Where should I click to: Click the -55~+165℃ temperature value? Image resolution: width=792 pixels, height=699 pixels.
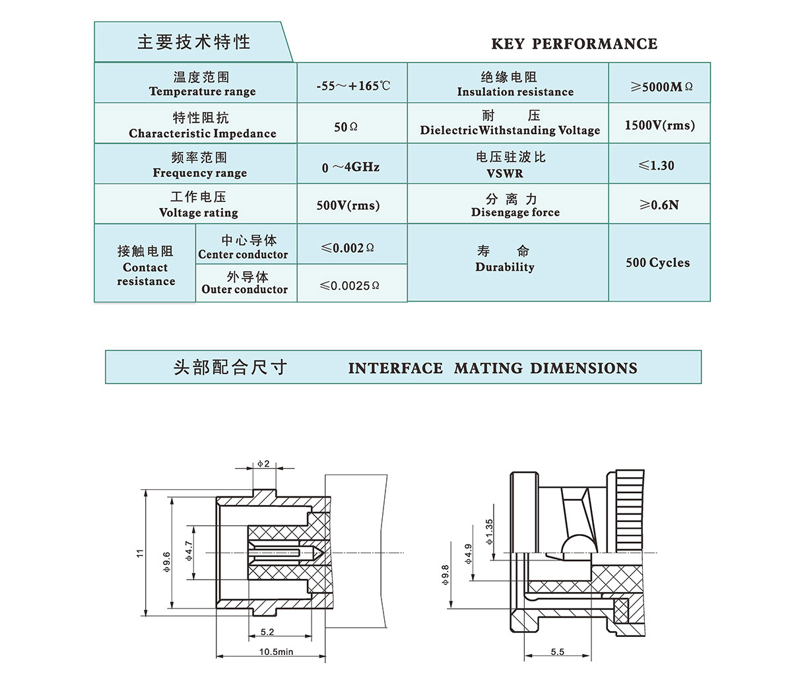tap(353, 86)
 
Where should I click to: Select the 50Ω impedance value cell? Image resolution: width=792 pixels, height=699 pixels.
tap(345, 126)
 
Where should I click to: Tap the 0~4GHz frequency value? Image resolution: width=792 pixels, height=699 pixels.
tap(350, 167)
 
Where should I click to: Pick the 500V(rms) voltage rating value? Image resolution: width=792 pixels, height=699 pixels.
tap(348, 205)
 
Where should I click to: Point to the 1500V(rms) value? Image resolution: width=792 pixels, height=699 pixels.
tap(659, 125)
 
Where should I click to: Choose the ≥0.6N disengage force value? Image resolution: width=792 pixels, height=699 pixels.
tap(659, 205)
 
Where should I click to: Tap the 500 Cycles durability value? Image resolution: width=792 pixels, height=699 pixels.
tap(657, 263)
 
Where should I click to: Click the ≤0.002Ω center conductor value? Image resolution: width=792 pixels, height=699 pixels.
tap(347, 248)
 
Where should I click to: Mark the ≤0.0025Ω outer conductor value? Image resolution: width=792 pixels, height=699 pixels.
tap(349, 286)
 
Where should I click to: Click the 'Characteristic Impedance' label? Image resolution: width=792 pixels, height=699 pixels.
tap(203, 133)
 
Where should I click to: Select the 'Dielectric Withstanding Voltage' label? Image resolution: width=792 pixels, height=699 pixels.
tap(510, 130)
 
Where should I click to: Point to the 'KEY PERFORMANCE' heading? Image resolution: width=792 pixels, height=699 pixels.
tap(574, 44)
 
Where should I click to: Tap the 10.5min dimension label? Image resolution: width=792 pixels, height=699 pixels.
tap(276, 651)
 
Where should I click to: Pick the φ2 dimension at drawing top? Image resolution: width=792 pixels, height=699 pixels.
tap(263, 464)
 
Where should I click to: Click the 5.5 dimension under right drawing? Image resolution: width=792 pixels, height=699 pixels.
tap(557, 651)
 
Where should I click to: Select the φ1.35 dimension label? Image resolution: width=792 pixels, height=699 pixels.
tap(489, 531)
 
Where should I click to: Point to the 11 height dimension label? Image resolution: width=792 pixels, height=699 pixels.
tap(140, 553)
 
